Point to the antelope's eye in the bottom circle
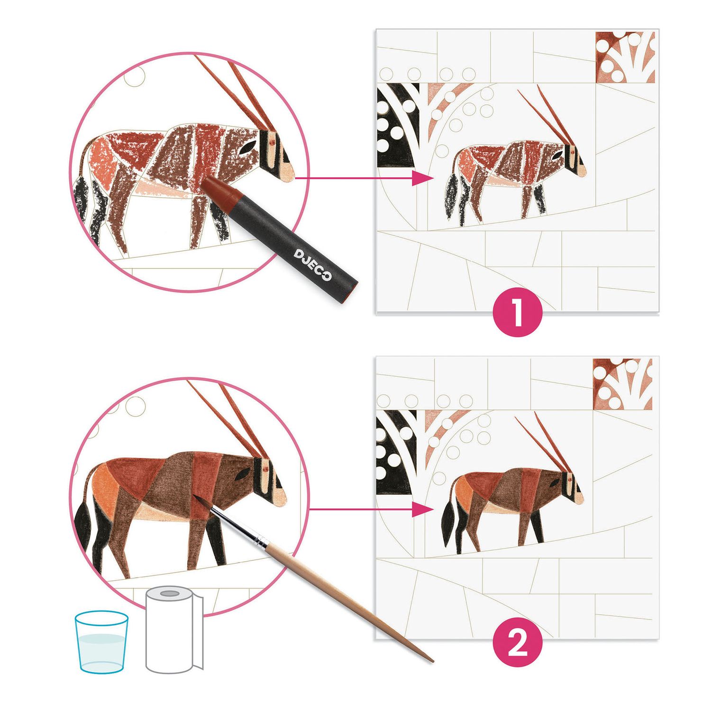[x=243, y=474]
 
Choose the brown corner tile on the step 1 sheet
[x=625, y=57]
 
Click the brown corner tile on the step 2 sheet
[x=622, y=384]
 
